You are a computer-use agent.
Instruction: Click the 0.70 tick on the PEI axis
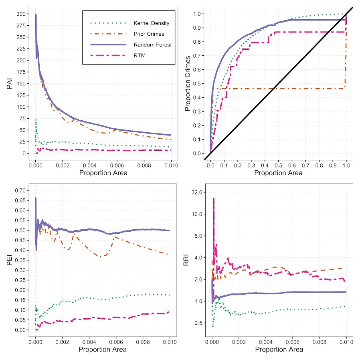click(18, 190)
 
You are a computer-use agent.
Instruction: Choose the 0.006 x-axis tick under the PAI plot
click(116, 165)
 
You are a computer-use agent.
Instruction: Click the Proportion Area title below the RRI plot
click(279, 350)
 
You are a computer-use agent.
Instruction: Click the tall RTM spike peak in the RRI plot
click(214, 198)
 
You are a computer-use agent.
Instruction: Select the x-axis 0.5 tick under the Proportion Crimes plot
click(278, 165)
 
